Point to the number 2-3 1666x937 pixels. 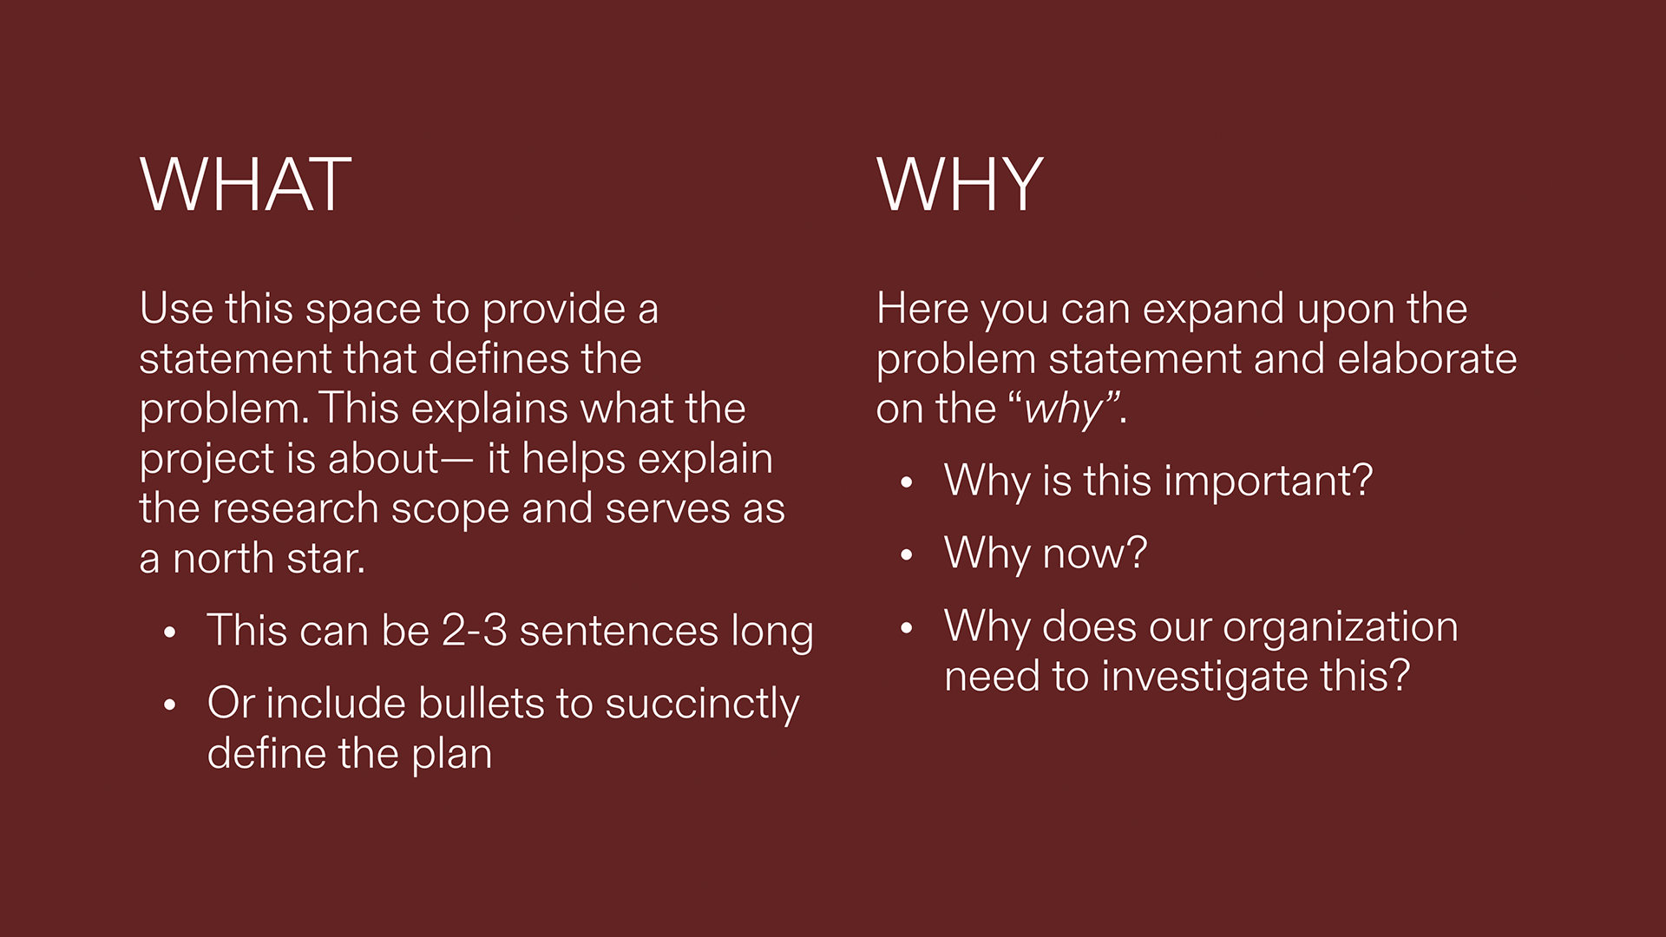(474, 631)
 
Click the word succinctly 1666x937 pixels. (702, 704)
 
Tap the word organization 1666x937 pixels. (1340, 626)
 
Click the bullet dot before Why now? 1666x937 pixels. (907, 555)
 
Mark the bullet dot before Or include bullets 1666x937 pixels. (170, 705)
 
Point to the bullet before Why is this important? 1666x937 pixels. (907, 483)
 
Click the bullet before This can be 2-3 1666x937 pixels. (170, 632)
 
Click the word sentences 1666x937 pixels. (619, 631)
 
